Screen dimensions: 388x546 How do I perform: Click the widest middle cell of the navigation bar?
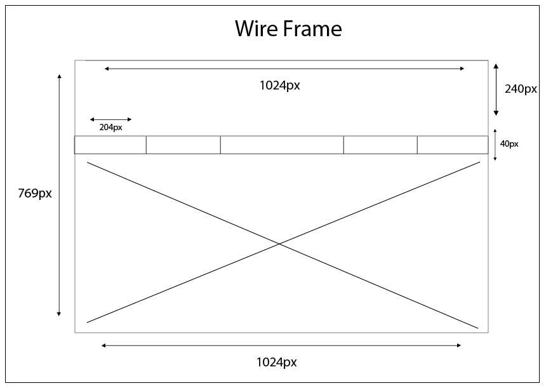click(282, 145)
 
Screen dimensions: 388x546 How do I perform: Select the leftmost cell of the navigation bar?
click(110, 145)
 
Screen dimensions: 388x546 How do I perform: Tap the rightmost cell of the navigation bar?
click(453, 145)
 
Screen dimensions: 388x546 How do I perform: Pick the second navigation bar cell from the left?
click(183, 145)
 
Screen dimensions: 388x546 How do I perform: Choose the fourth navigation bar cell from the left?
click(380, 145)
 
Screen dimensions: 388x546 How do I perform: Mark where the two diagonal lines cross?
click(279, 244)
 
